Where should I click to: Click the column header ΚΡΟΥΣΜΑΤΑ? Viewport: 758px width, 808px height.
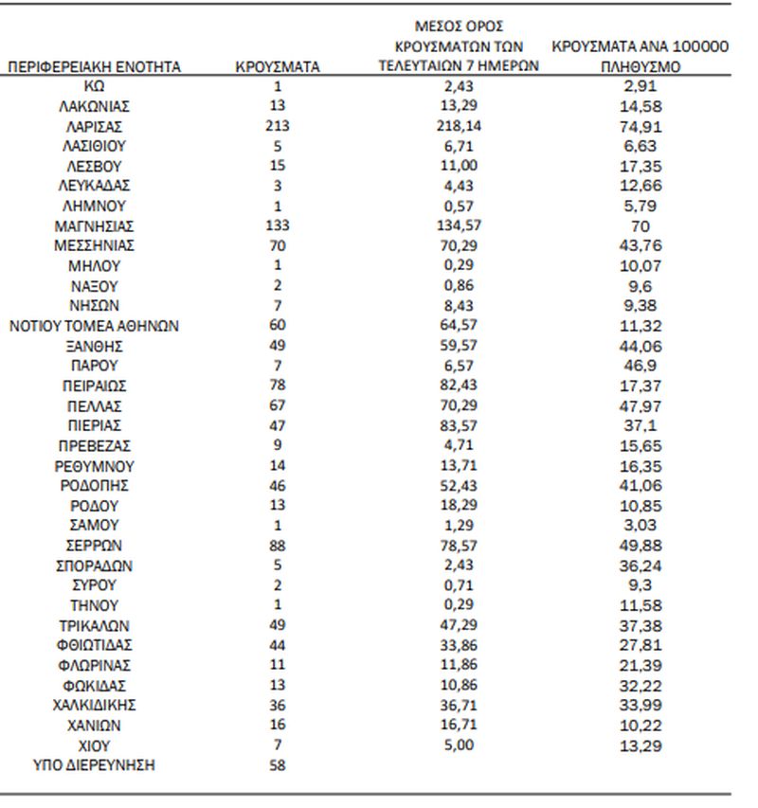click(278, 67)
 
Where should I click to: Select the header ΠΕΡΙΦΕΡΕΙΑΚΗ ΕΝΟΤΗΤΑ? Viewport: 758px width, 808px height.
click(95, 67)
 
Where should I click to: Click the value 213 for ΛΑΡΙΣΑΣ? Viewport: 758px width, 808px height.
click(278, 126)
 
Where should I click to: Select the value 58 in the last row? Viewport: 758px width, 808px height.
click(278, 764)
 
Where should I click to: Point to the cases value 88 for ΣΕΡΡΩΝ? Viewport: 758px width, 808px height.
click(278, 545)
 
